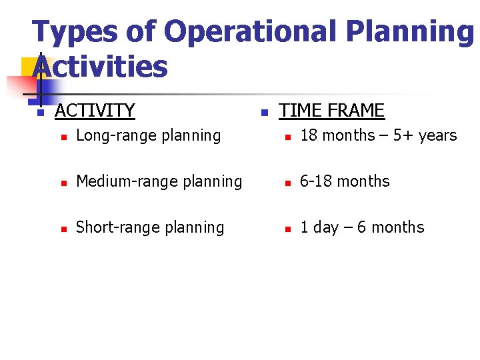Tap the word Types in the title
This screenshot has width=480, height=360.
point(72,33)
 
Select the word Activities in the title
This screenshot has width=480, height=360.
point(100,67)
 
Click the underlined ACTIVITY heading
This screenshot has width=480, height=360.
point(95,110)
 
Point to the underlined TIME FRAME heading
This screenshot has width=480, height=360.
point(331,110)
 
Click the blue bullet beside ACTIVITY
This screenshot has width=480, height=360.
point(40,113)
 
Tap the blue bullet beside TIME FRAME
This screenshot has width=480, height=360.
point(264,113)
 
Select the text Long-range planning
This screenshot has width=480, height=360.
point(148,135)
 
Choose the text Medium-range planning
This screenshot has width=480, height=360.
point(159,181)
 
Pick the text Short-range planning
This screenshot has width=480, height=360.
point(150,227)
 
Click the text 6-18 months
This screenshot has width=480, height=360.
point(345,181)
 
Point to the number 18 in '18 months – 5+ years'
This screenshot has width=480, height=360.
point(309,135)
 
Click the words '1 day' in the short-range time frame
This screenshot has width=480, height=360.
point(319,227)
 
